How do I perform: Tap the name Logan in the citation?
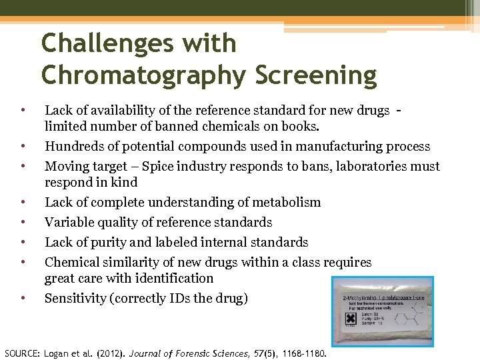point(57,353)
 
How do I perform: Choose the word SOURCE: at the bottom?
point(21,353)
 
